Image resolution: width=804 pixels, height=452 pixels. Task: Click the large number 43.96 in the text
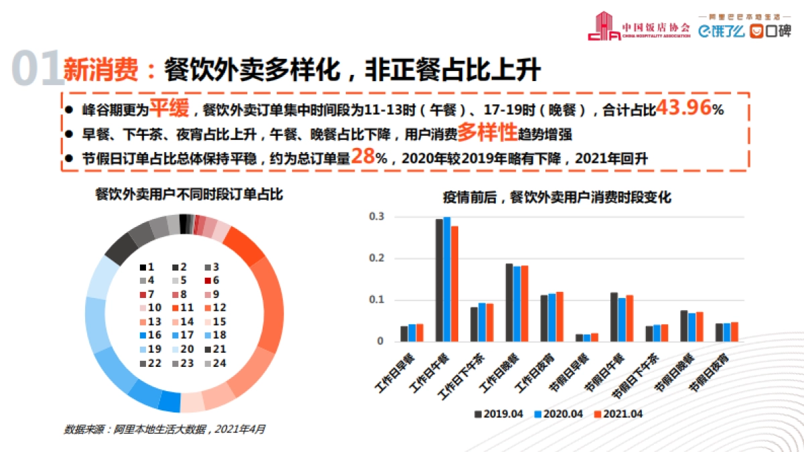click(x=683, y=108)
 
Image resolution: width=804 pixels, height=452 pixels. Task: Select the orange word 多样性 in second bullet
click(x=488, y=133)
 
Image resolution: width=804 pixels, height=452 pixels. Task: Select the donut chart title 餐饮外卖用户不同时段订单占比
click(x=189, y=195)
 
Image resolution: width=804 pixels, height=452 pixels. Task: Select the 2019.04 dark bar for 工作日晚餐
click(x=509, y=302)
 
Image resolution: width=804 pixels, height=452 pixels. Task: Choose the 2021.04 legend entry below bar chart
click(x=618, y=414)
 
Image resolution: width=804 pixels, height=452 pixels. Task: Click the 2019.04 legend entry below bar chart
click(x=498, y=414)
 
